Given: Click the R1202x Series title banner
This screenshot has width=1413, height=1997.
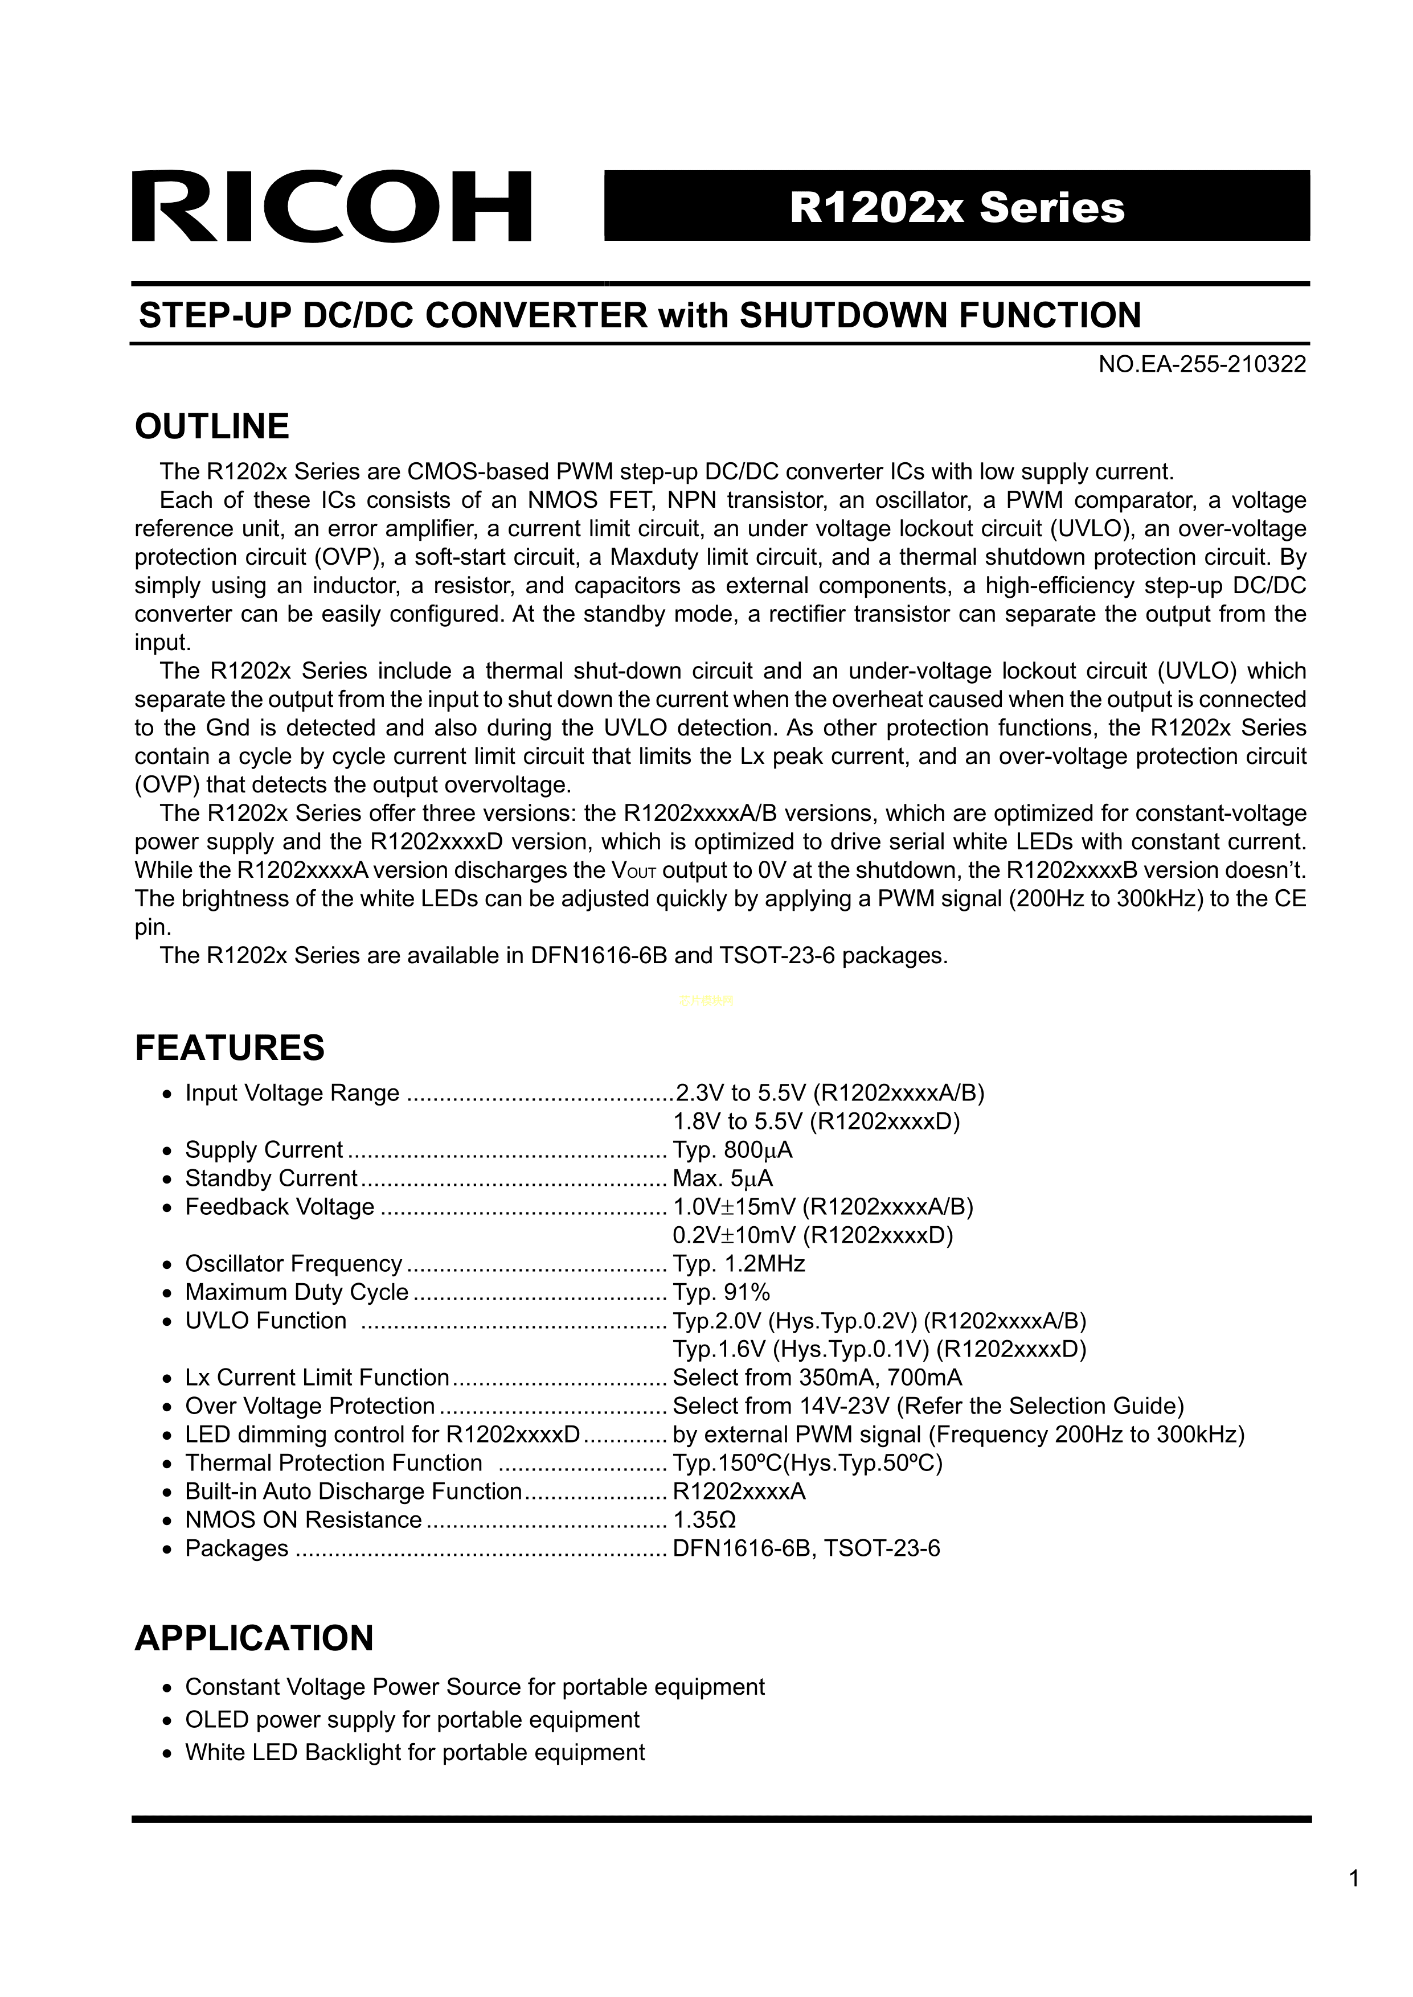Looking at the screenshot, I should [957, 207].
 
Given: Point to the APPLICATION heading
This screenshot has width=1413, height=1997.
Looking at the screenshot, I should [254, 1638].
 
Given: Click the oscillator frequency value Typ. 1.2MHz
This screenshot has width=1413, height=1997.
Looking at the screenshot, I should [739, 1264].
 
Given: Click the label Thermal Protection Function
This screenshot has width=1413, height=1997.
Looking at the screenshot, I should [333, 1463].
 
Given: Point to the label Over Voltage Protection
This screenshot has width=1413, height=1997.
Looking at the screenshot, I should [310, 1407].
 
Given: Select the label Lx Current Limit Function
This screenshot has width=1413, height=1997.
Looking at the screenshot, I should [317, 1378].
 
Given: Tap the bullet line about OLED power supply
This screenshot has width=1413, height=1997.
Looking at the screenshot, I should [412, 1720].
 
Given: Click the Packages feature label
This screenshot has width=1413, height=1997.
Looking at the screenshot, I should [237, 1548].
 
